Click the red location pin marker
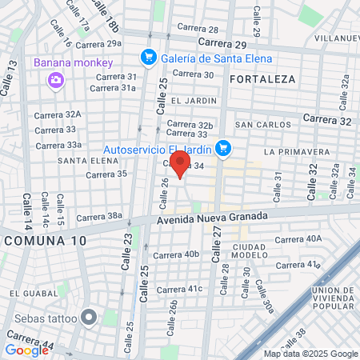(180, 165)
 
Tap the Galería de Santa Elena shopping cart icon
(147, 57)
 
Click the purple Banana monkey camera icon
(55, 79)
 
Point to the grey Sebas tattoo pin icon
(89, 318)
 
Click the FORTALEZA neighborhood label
(262, 79)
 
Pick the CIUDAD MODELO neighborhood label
(250, 250)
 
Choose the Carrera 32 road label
(327, 120)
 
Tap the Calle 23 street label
(126, 250)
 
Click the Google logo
(26, 350)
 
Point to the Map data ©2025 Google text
(311, 354)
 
